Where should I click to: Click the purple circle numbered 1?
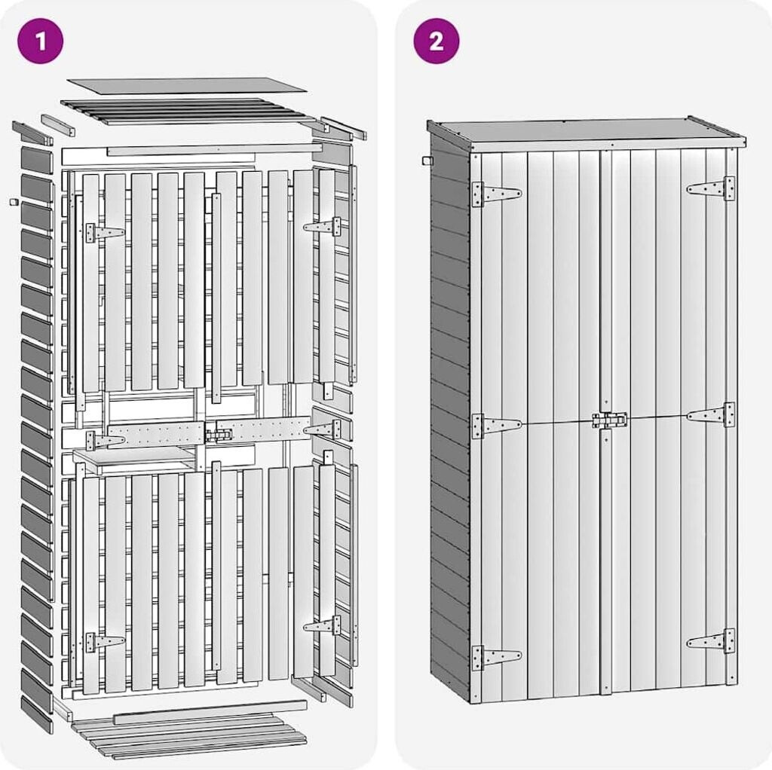click(40, 41)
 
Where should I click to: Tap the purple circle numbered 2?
click(436, 41)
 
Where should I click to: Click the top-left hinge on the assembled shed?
click(495, 194)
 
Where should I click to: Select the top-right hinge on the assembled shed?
click(712, 188)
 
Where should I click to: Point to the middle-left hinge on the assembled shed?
click(495, 426)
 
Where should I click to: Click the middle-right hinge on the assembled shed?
click(712, 414)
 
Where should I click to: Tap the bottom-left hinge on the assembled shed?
click(495, 658)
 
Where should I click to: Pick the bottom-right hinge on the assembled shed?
click(712, 641)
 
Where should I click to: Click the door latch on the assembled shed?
click(610, 420)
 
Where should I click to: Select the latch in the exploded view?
click(219, 435)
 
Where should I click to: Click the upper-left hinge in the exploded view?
click(103, 233)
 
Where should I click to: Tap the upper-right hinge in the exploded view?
click(323, 226)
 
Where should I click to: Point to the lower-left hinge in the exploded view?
click(103, 642)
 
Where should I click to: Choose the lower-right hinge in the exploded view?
click(323, 625)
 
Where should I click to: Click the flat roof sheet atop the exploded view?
click(186, 85)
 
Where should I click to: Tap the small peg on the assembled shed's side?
click(425, 160)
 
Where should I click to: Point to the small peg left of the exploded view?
click(14, 201)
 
